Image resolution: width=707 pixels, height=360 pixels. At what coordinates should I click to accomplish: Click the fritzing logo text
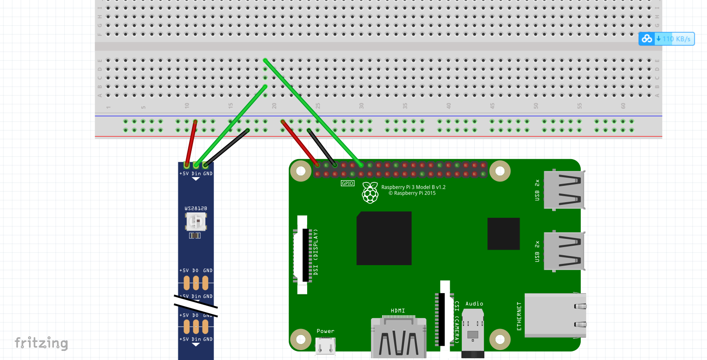[41, 343]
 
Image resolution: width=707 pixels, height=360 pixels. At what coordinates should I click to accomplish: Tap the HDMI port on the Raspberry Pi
[399, 338]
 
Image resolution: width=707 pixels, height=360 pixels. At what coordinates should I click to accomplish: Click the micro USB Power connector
[325, 345]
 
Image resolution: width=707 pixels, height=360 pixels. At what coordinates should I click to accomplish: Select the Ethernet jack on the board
[555, 315]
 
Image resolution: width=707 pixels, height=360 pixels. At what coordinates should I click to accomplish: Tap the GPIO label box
[347, 183]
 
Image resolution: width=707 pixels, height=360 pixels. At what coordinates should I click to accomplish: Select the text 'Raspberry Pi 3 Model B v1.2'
[413, 187]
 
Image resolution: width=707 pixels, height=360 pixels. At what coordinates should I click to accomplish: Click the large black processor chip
[384, 238]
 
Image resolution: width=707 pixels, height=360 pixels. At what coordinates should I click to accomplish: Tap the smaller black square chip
[503, 234]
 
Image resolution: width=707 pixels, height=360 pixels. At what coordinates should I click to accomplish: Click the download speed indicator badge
[667, 39]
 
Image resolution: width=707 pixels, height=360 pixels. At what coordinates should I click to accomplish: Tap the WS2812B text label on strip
[196, 208]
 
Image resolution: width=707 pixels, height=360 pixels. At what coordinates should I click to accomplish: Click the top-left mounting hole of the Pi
[301, 171]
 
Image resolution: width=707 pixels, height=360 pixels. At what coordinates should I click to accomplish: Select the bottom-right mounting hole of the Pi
[500, 339]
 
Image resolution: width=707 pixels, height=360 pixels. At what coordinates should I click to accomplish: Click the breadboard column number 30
[361, 106]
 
